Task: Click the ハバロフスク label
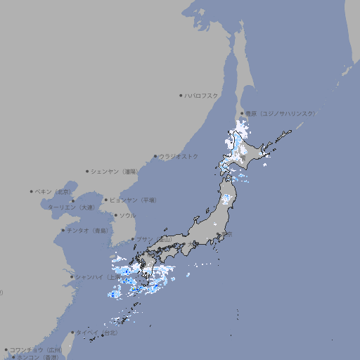click(x=202, y=95)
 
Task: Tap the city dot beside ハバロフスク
click(x=181, y=95)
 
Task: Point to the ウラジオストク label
click(x=179, y=156)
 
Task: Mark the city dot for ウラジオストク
click(x=155, y=156)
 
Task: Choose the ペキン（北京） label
click(x=53, y=191)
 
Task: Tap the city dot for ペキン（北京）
click(x=32, y=191)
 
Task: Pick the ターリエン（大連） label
click(x=71, y=207)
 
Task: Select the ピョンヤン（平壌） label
click(x=133, y=200)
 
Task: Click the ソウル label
click(x=127, y=215)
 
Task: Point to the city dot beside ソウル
click(x=115, y=215)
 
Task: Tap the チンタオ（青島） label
click(x=87, y=230)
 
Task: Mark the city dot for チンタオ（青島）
click(x=63, y=230)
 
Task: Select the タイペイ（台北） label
click(x=96, y=332)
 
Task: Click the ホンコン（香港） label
click(x=38, y=357)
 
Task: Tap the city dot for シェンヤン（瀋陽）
click(x=87, y=171)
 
